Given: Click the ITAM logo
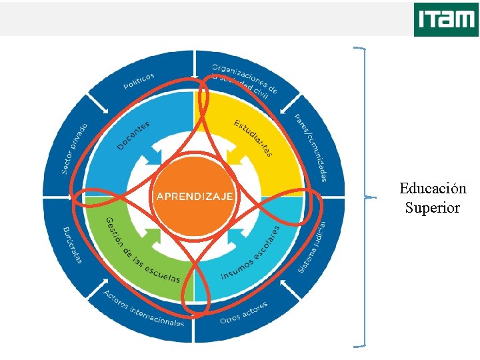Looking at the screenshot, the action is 445,19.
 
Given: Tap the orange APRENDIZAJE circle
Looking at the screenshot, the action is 194,197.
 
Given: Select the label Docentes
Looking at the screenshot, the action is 133,135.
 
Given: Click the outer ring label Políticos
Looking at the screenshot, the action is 139,81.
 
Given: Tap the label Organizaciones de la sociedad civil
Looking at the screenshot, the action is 244,80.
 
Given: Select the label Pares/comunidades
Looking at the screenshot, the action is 311,147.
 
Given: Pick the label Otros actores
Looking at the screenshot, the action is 244,312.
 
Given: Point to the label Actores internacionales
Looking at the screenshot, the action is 144,308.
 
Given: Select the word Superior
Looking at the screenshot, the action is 432,207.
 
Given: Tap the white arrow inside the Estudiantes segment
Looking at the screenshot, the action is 236,154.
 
